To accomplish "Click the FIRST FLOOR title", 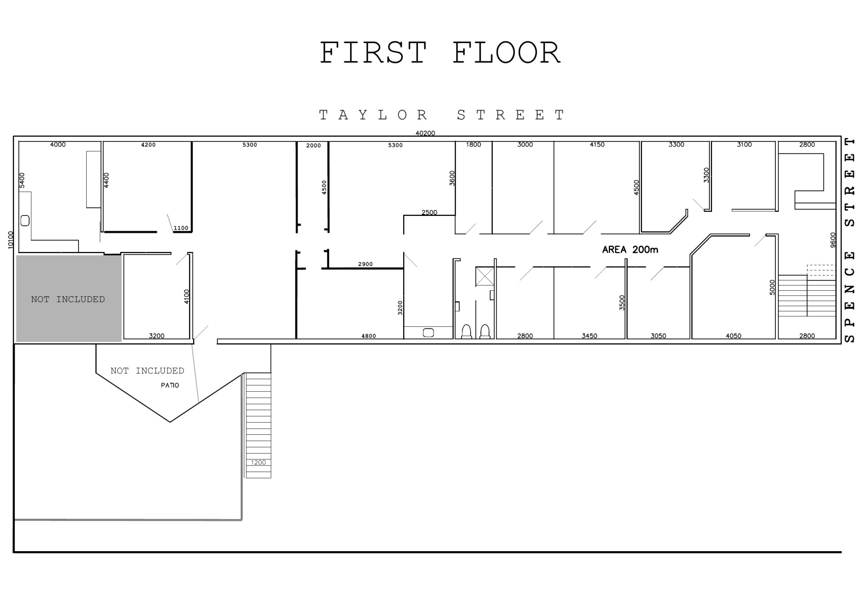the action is click(440, 53).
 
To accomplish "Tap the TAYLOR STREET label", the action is click(442, 115).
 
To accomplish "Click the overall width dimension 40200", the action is click(425, 133).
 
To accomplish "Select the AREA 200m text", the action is click(630, 250).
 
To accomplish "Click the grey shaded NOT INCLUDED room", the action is click(69, 298).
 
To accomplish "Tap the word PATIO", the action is click(170, 385).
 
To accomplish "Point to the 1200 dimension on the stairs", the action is click(258, 462).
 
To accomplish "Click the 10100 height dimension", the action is click(11, 240).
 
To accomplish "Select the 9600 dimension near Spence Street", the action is click(833, 240).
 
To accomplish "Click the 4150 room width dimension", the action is click(597, 145).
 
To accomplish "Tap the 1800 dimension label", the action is click(473, 145).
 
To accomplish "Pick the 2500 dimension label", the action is click(429, 212).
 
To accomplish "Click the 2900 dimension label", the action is click(365, 264).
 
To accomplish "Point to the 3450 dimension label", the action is click(589, 336).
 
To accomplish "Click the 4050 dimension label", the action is click(734, 336).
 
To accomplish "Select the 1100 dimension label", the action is click(181, 228).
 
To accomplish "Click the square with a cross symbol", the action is click(485, 276).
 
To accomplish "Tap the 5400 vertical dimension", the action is click(22, 180).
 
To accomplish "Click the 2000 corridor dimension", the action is click(313, 145).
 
